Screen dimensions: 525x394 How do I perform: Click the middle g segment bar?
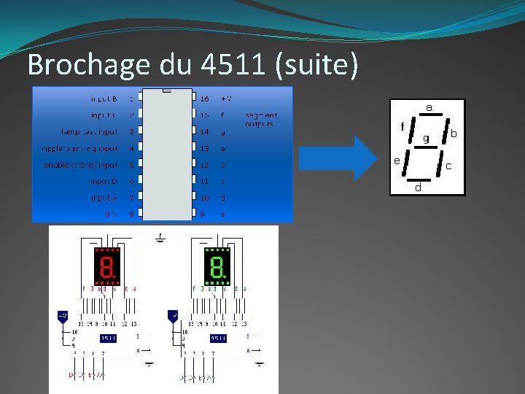[x=424, y=145]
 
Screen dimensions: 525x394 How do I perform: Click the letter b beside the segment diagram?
[x=453, y=134]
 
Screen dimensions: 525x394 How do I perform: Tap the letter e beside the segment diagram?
[x=396, y=160]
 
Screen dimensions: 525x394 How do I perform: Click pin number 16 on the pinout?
[x=204, y=98]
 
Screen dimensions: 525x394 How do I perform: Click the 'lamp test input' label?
[x=89, y=131]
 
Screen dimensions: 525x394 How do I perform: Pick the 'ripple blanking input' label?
[x=79, y=148]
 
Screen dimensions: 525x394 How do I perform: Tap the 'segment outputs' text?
[x=260, y=120]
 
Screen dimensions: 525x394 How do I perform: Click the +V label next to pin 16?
[x=226, y=98]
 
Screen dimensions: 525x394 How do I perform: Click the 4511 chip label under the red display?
[x=107, y=338]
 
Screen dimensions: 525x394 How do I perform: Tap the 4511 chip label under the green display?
[x=217, y=338]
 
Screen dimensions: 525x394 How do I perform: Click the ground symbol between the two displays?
[x=160, y=237]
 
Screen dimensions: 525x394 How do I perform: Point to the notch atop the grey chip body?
[x=168, y=92]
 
